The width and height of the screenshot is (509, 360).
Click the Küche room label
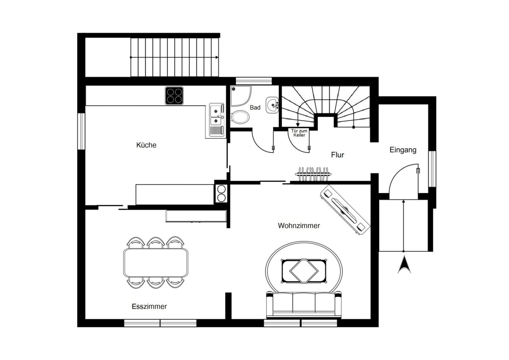tap(146, 145)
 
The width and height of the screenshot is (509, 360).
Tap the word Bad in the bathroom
tap(255, 107)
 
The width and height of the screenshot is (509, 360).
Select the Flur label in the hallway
tap(338, 155)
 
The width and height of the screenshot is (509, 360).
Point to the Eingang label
tap(403, 150)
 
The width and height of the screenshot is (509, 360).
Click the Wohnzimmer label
tap(299, 225)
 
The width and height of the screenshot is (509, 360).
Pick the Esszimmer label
tap(149, 307)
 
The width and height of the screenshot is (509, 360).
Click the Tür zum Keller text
tap(299, 133)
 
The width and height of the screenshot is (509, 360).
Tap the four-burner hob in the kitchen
tap(174, 96)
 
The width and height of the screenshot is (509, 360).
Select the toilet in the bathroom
tap(240, 117)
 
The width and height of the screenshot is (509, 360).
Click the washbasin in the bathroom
tap(272, 105)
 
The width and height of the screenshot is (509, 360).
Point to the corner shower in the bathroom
tap(241, 96)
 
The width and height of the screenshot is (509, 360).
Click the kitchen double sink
tap(217, 120)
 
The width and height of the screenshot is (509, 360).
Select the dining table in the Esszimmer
tap(156, 263)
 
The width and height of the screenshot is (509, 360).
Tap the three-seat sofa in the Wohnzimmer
tap(304, 304)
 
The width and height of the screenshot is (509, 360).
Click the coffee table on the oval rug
tap(304, 271)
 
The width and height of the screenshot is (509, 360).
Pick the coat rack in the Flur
tap(313, 174)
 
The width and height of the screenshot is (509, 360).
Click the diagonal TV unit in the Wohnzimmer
tap(345, 210)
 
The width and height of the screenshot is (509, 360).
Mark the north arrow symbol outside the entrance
tap(404, 264)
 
